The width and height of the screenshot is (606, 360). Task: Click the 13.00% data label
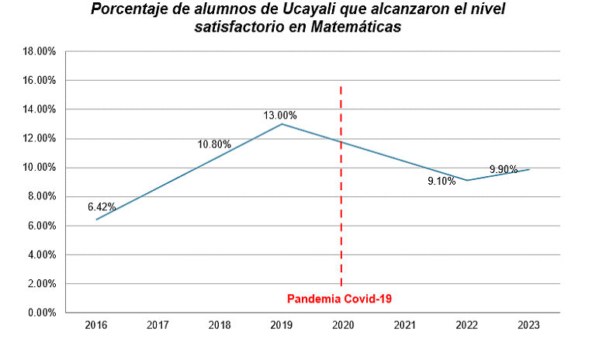tap(280, 116)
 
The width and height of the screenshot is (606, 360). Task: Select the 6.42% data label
tap(102, 207)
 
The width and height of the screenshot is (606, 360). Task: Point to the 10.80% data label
tap(214, 144)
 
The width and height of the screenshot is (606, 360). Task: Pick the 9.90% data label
tap(504, 169)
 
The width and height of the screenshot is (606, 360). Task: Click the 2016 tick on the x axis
tap(96, 325)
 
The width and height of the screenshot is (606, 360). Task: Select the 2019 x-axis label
tap(281, 325)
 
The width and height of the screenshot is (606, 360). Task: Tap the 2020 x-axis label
tap(342, 325)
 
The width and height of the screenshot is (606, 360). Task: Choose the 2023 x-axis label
tap(528, 325)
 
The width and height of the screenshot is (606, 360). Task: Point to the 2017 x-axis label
tap(158, 325)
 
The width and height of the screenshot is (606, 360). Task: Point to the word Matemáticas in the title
tap(355, 26)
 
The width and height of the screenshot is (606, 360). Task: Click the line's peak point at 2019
tap(282, 124)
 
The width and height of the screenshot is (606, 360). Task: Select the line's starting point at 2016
tap(96, 220)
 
